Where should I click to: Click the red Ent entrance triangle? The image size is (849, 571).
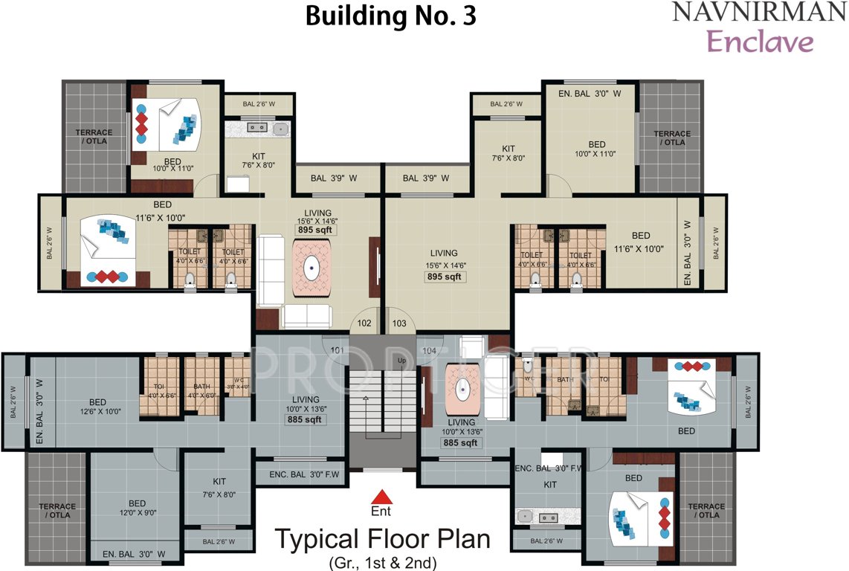(381, 497)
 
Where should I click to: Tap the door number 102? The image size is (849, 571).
(364, 323)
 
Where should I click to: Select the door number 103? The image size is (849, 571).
(398, 323)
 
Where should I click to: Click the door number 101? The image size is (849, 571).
(338, 349)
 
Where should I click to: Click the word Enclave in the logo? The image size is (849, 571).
(760, 42)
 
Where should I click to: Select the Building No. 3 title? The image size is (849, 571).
(390, 16)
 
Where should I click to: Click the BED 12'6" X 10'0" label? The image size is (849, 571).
(97, 406)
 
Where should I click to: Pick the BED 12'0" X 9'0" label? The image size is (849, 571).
(137, 508)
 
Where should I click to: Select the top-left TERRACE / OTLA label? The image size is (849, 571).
(93, 138)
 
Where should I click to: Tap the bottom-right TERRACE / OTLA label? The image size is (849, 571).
(706, 511)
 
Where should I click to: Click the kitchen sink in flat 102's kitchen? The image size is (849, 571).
(280, 129)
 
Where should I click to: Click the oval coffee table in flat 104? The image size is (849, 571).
(463, 387)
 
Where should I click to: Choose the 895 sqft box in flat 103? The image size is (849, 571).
(444, 277)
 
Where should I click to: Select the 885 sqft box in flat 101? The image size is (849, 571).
(306, 419)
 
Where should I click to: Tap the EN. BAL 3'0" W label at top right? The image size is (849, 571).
(592, 92)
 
